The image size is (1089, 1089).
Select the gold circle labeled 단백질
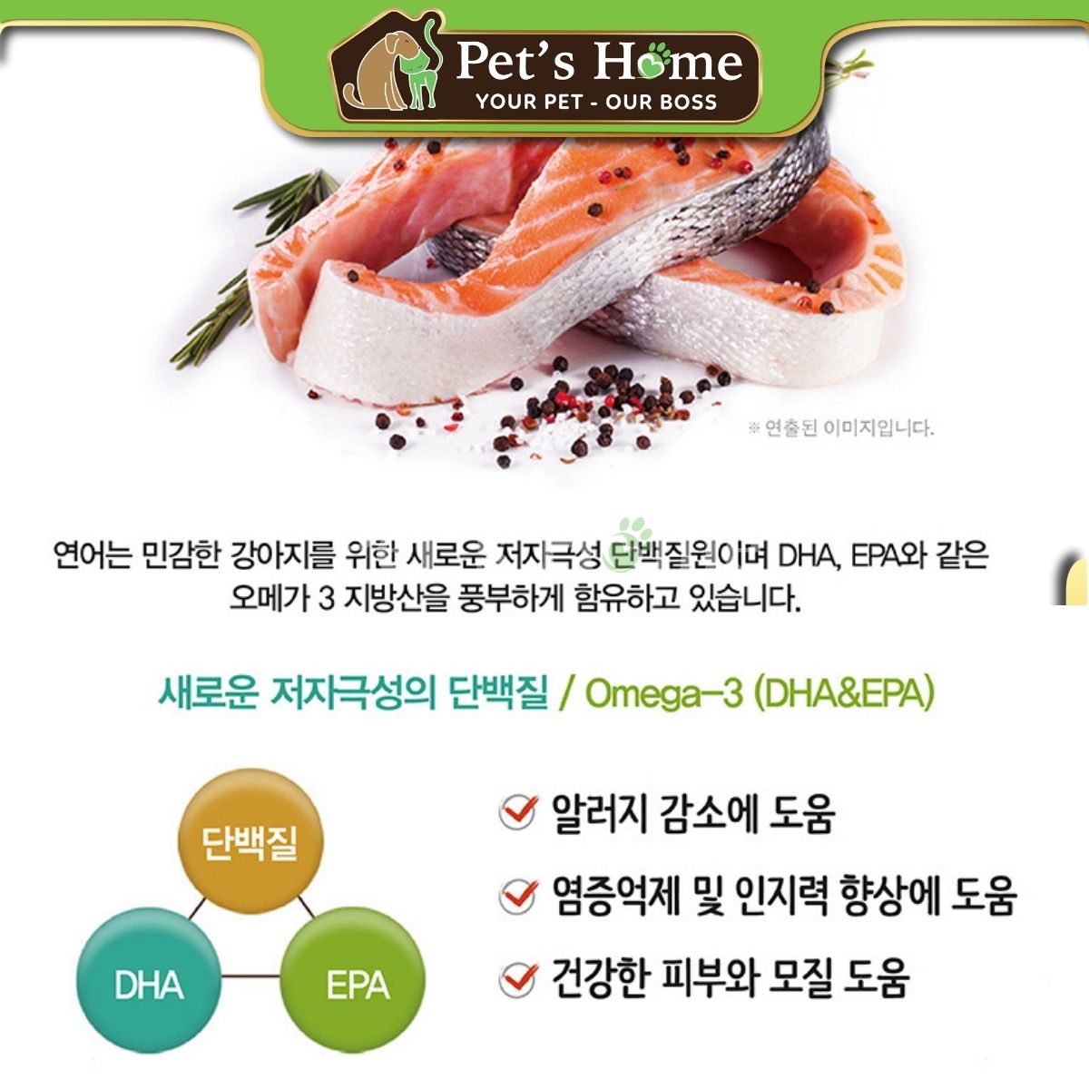pyautogui.click(x=250, y=842)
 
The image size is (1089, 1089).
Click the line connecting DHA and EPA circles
pyautogui.click(x=250, y=976)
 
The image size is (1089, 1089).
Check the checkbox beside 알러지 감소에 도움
pyautogui.click(x=517, y=813)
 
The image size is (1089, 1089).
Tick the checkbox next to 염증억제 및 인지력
pyautogui.click(x=517, y=898)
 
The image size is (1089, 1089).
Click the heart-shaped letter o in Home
pyautogui.click(x=654, y=63)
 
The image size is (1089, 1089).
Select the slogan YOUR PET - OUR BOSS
pyautogui.click(x=596, y=102)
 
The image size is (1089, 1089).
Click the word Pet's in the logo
pyautogui.click(x=515, y=61)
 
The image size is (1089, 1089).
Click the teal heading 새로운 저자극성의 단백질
pyautogui.click(x=353, y=693)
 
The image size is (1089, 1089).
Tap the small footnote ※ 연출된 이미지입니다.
pyautogui.click(x=839, y=428)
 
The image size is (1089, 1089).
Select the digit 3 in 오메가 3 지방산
pyautogui.click(x=327, y=598)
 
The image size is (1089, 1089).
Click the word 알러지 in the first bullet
pyautogui.click(x=598, y=813)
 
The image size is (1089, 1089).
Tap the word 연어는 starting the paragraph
pyautogui.click(x=93, y=556)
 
